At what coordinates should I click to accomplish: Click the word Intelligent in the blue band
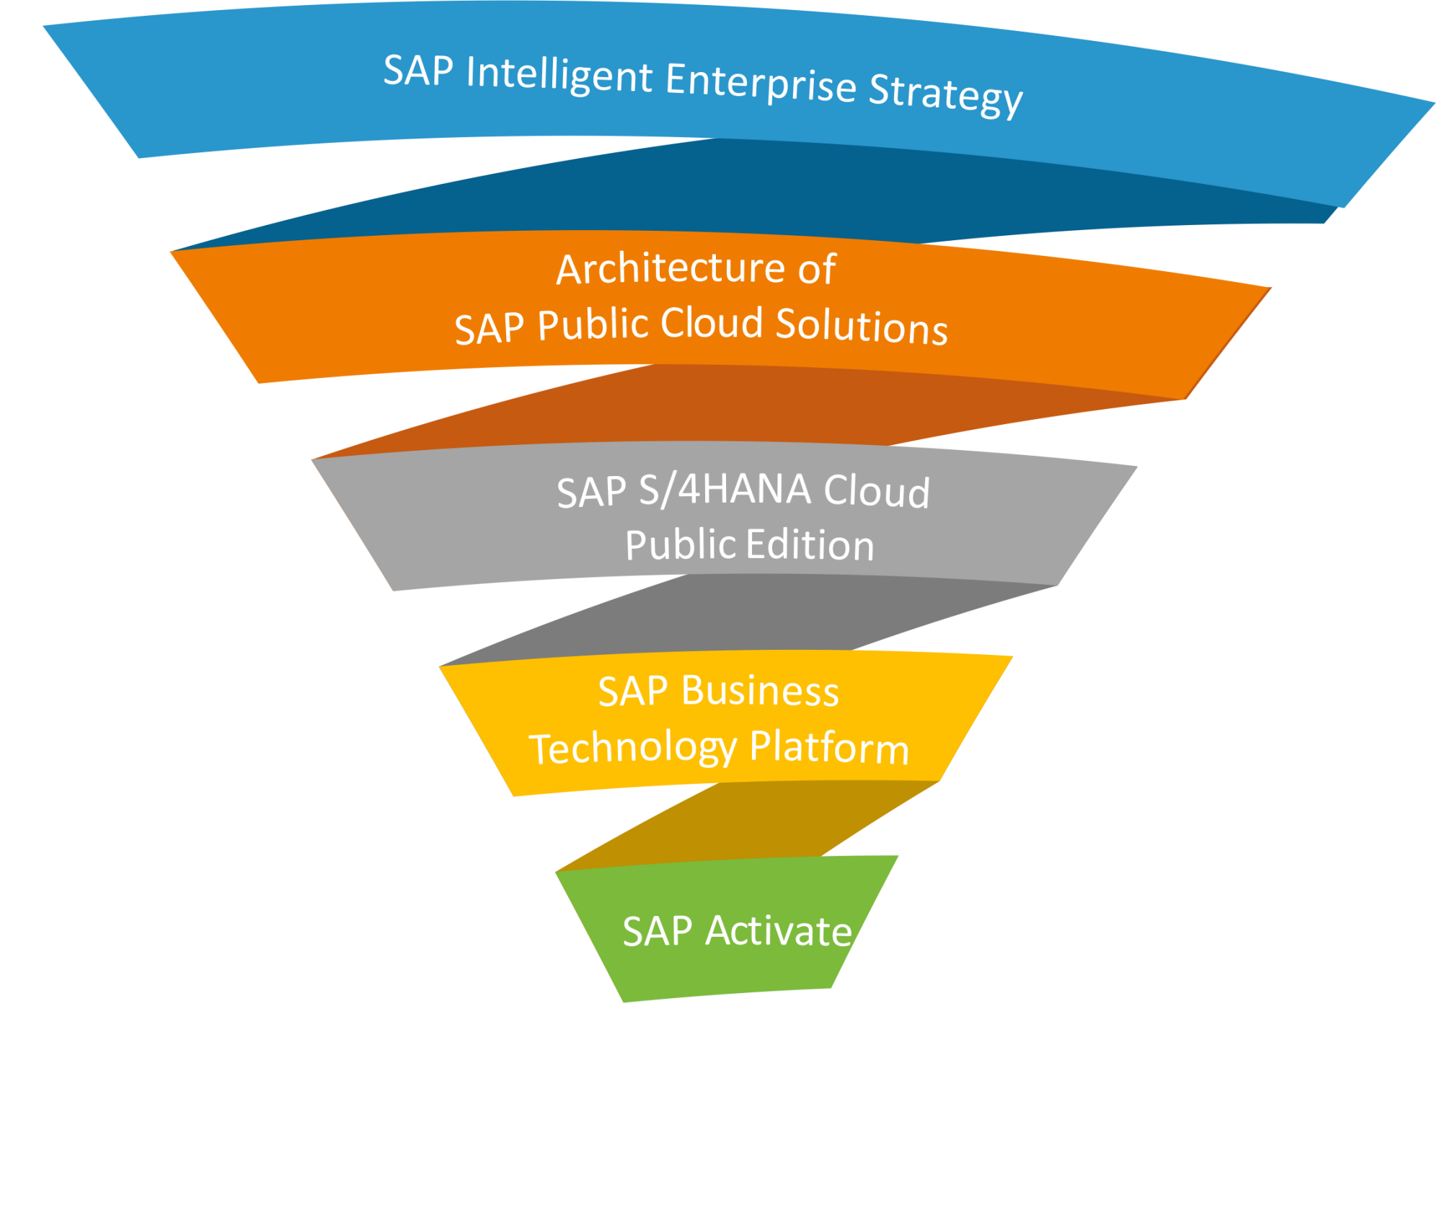tap(559, 76)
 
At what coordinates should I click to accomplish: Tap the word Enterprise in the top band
tap(761, 83)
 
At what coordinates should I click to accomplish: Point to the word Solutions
tap(862, 326)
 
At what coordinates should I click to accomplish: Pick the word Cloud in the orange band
tap(712, 323)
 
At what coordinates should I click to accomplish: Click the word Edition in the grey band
tap(810, 545)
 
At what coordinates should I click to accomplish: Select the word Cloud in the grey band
tap(877, 492)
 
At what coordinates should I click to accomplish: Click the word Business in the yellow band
tap(760, 692)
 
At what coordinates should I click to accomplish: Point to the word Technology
tap(632, 748)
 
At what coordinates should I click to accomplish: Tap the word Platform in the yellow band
tap(829, 748)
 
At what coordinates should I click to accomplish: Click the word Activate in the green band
tap(779, 931)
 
